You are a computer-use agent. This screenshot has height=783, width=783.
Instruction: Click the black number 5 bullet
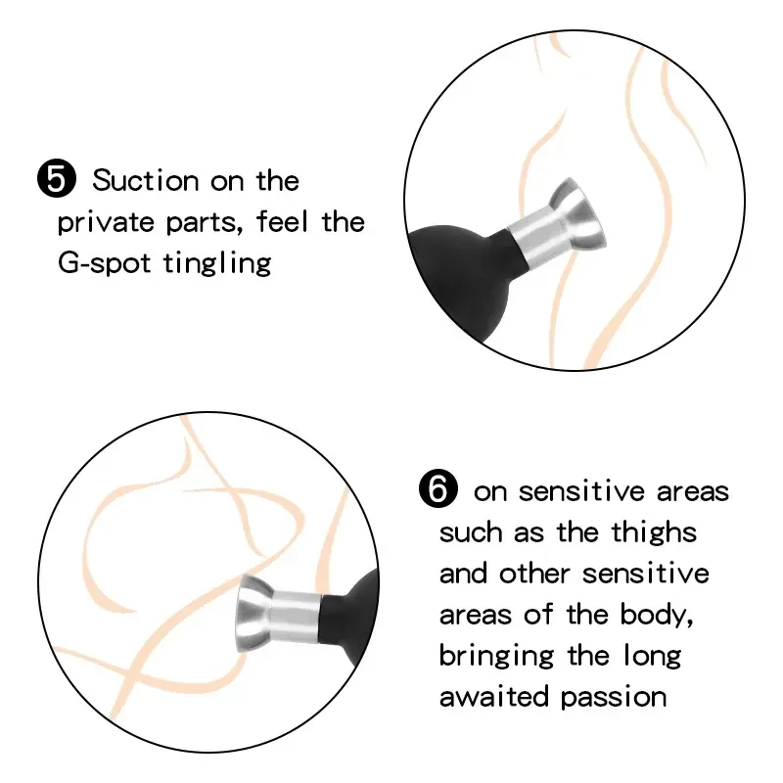click(57, 179)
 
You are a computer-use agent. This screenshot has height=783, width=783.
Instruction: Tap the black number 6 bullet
click(438, 488)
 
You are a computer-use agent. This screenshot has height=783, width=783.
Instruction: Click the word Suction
click(146, 180)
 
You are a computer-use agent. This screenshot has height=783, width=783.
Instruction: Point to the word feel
click(282, 221)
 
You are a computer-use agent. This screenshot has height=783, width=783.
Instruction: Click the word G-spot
click(104, 263)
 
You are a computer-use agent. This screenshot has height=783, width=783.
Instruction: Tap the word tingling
click(217, 263)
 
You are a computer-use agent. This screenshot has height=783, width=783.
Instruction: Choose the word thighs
click(654, 532)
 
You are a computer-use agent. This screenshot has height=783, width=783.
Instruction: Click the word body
click(656, 615)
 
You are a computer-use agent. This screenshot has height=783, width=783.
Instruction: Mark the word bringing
click(496, 657)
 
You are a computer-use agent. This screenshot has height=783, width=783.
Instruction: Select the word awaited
click(494, 697)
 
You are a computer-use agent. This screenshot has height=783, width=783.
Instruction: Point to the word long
click(653, 656)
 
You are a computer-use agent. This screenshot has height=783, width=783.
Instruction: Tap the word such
click(471, 532)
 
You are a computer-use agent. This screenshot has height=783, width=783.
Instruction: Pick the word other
click(534, 574)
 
